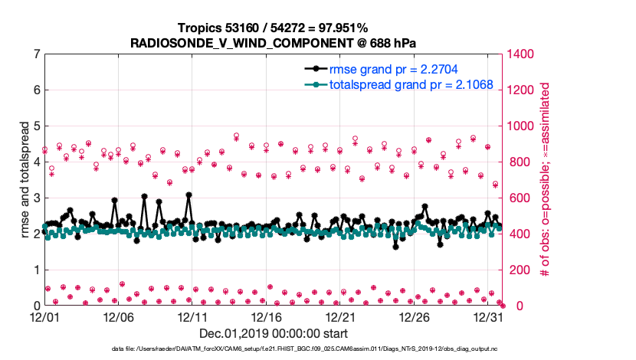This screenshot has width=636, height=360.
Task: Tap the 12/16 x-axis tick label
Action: point(267,316)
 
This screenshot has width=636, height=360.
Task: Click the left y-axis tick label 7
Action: point(36,54)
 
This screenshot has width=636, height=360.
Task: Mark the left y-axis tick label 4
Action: point(36,162)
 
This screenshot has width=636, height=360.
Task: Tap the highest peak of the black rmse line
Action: point(189,195)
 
